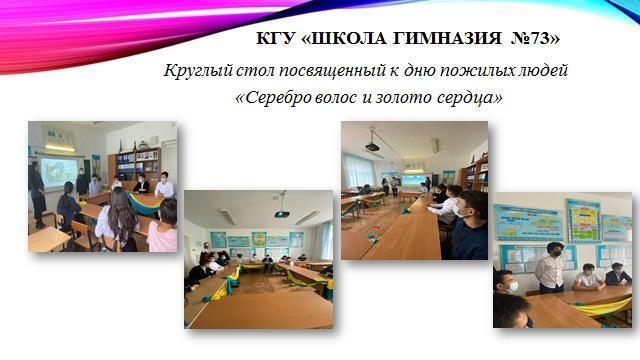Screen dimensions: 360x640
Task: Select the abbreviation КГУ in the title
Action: tap(279, 39)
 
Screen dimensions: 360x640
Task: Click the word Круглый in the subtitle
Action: tap(195, 71)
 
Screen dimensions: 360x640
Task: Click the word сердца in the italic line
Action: tap(469, 99)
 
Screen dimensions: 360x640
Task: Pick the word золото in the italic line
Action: tap(401, 99)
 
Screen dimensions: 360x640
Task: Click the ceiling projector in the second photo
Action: tap(281, 213)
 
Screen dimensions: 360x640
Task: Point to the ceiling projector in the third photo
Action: tap(372, 146)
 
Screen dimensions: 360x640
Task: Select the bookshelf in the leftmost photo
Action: tap(137, 162)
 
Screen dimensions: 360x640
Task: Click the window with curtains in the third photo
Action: tap(357, 170)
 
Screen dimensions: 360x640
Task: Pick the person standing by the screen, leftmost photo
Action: tap(37, 192)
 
